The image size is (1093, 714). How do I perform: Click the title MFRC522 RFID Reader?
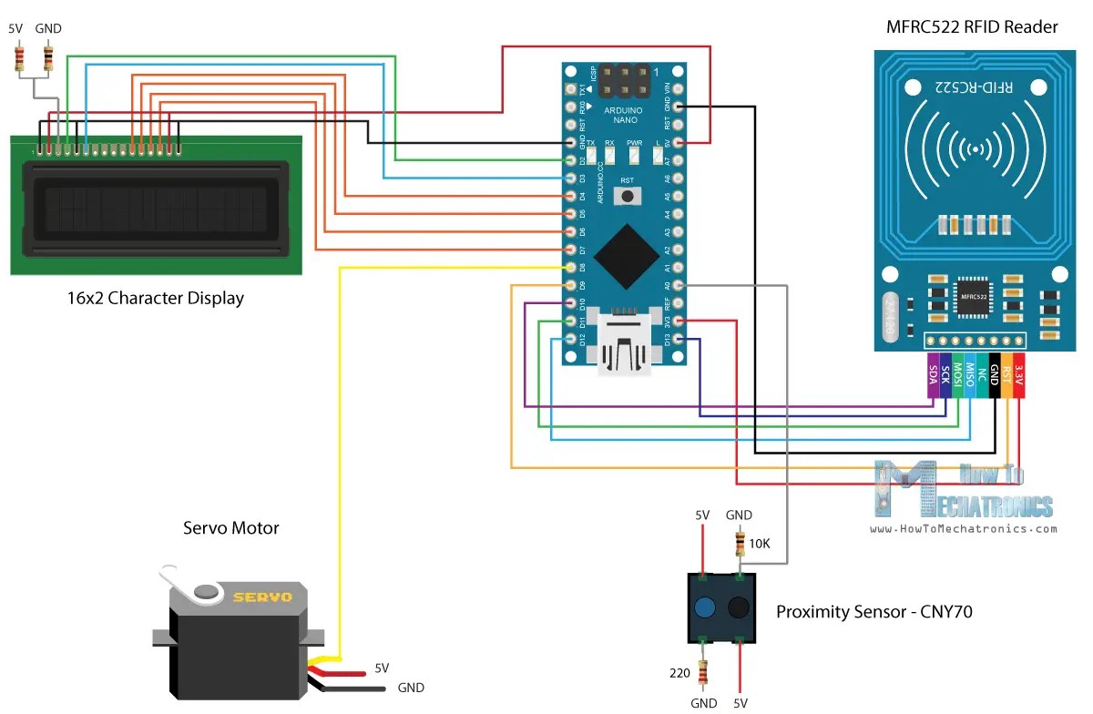972,26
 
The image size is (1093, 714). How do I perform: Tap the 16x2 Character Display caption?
155,298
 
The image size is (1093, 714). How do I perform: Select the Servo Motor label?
231,527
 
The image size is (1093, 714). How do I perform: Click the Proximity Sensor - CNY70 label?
873,612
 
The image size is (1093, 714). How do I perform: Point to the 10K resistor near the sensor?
740,545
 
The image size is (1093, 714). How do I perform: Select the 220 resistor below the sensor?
703,673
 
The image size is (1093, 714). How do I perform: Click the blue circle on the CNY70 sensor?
704,608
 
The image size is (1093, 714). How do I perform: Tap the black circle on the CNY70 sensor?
739,608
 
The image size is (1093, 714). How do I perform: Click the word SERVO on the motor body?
262,597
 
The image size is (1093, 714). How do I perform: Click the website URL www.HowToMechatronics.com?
964,528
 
